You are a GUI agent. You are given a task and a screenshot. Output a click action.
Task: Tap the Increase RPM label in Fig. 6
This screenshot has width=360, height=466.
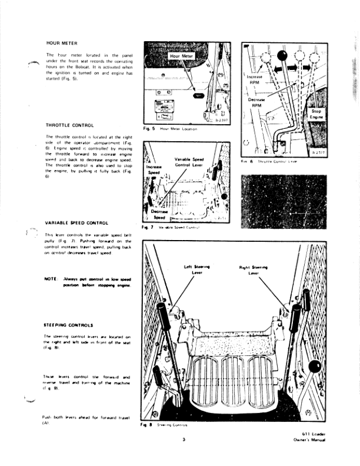tap(255, 79)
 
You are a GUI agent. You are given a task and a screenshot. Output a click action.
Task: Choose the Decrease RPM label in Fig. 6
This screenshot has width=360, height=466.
tap(256, 102)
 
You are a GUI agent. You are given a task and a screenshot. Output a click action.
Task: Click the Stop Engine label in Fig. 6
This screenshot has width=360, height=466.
tap(318, 114)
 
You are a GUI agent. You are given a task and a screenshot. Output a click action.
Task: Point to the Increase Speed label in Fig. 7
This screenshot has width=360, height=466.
tap(154, 170)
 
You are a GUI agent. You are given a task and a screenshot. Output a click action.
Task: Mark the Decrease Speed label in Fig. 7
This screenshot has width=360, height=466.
tap(159, 214)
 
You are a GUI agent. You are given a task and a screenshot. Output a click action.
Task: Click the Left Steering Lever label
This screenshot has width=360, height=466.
tap(196, 269)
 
